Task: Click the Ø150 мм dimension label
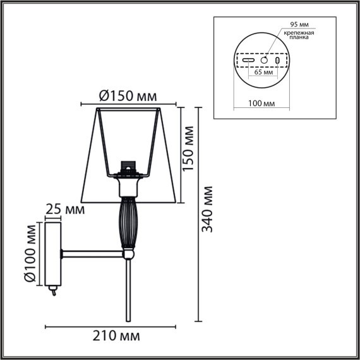point(128,96)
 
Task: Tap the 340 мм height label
point(208,210)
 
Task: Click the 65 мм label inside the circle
point(265,73)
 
